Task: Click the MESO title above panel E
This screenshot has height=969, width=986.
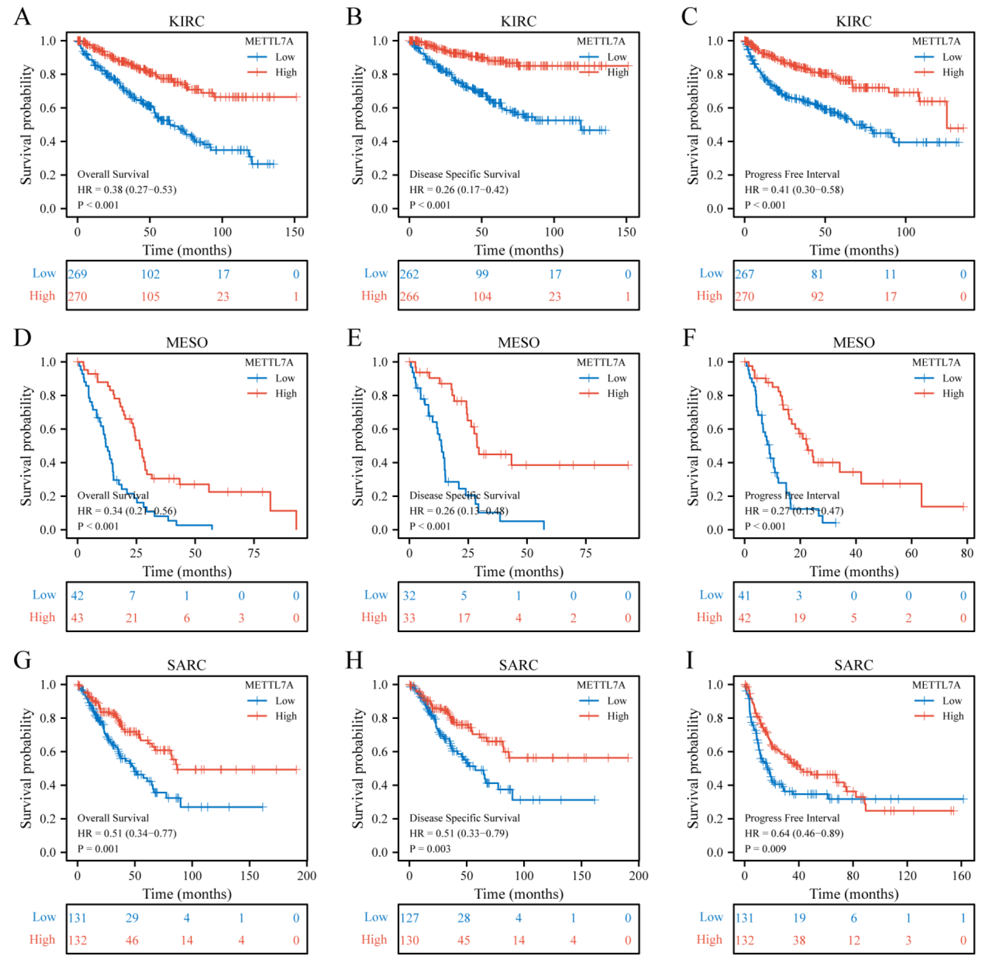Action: [x=518, y=343]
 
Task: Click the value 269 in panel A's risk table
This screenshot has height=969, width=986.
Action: [x=77, y=274]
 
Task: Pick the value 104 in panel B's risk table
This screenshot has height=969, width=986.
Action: [x=482, y=297]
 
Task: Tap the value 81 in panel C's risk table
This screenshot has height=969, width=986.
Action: [x=817, y=274]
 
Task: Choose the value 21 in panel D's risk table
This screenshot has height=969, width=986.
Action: [x=132, y=618]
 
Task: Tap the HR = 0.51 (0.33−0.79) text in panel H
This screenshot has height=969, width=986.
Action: [x=459, y=833]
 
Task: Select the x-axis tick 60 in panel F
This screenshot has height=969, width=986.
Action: [x=911, y=553]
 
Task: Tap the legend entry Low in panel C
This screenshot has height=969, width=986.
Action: [x=951, y=57]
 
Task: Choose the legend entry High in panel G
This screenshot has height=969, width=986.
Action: [x=286, y=716]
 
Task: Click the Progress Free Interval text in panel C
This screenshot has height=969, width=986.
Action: [x=792, y=175]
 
